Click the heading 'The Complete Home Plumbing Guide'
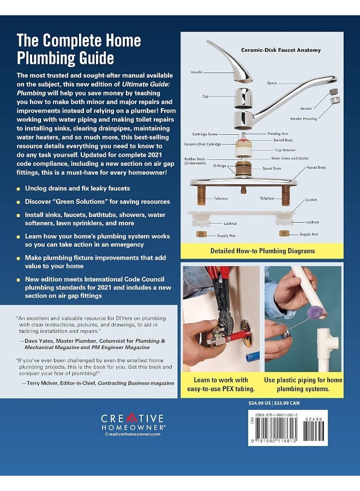click(79, 49)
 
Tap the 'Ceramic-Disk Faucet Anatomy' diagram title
click(281, 50)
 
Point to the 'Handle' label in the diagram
click(197, 72)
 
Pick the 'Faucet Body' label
click(316, 167)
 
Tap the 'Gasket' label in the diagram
click(311, 199)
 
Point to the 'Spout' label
click(272, 83)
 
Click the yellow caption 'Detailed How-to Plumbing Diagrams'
click(262, 252)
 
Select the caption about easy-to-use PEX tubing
click(221, 384)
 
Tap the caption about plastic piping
click(303, 384)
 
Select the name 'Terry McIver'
click(46, 383)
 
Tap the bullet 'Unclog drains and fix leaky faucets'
click(77, 188)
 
